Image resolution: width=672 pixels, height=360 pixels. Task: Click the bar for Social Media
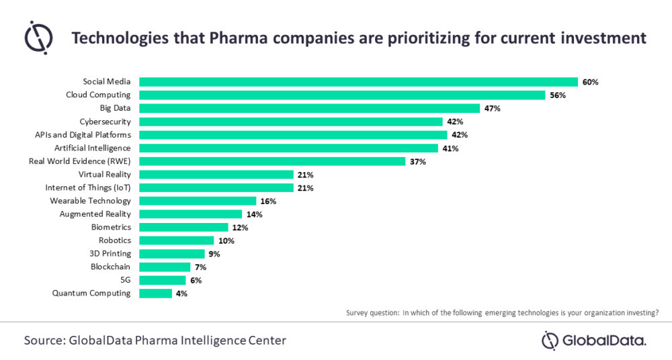358,82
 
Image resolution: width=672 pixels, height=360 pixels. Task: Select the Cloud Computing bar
342,95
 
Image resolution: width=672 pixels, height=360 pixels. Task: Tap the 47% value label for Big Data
491,109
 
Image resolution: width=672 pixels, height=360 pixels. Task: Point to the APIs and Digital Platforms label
83,135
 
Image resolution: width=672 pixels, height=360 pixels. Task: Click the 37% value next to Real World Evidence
417,161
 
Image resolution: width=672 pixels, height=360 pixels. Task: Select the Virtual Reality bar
216,175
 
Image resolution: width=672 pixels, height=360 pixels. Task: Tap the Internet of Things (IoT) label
88,187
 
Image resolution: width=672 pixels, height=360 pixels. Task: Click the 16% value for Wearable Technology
268,201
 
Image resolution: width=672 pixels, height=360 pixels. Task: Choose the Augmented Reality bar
190,214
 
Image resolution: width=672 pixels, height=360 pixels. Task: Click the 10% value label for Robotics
226,240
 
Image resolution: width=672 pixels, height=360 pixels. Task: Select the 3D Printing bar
171,254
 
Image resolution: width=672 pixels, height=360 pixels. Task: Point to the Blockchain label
110,267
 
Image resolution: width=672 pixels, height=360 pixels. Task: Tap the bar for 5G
162,280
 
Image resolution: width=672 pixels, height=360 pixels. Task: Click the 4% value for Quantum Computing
182,294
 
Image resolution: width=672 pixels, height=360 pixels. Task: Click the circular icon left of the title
38,37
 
